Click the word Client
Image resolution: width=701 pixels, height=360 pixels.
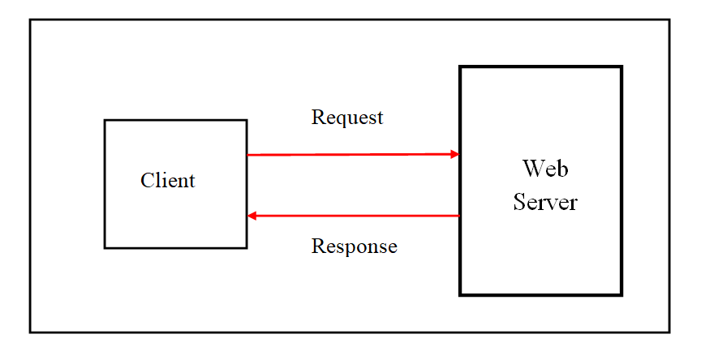[x=168, y=180]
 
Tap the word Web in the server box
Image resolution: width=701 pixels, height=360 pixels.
[x=545, y=169]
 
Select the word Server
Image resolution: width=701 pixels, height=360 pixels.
[x=545, y=201]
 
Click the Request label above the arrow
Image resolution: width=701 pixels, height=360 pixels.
[x=347, y=118]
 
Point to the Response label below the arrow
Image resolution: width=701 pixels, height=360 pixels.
[x=355, y=246]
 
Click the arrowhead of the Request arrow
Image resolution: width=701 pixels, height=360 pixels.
[x=456, y=154]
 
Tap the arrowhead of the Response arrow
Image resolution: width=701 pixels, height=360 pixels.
[x=252, y=216]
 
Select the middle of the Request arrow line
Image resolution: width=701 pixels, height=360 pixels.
[x=353, y=154]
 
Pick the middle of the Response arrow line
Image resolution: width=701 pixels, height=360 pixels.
[x=354, y=216]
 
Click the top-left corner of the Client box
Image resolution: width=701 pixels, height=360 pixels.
[x=105, y=121]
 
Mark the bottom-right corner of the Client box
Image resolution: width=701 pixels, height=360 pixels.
[x=246, y=247]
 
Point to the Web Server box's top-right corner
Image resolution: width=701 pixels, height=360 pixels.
[x=621, y=67]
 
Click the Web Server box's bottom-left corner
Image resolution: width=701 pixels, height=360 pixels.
[x=461, y=294]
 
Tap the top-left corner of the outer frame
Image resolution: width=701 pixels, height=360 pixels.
[x=31, y=20]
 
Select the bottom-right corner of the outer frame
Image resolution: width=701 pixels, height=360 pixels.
[x=669, y=332]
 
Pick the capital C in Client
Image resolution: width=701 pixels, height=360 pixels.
[x=147, y=180]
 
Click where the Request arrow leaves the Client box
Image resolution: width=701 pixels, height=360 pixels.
[x=247, y=154]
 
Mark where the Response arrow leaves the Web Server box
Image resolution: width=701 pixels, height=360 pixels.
[x=459, y=216]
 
